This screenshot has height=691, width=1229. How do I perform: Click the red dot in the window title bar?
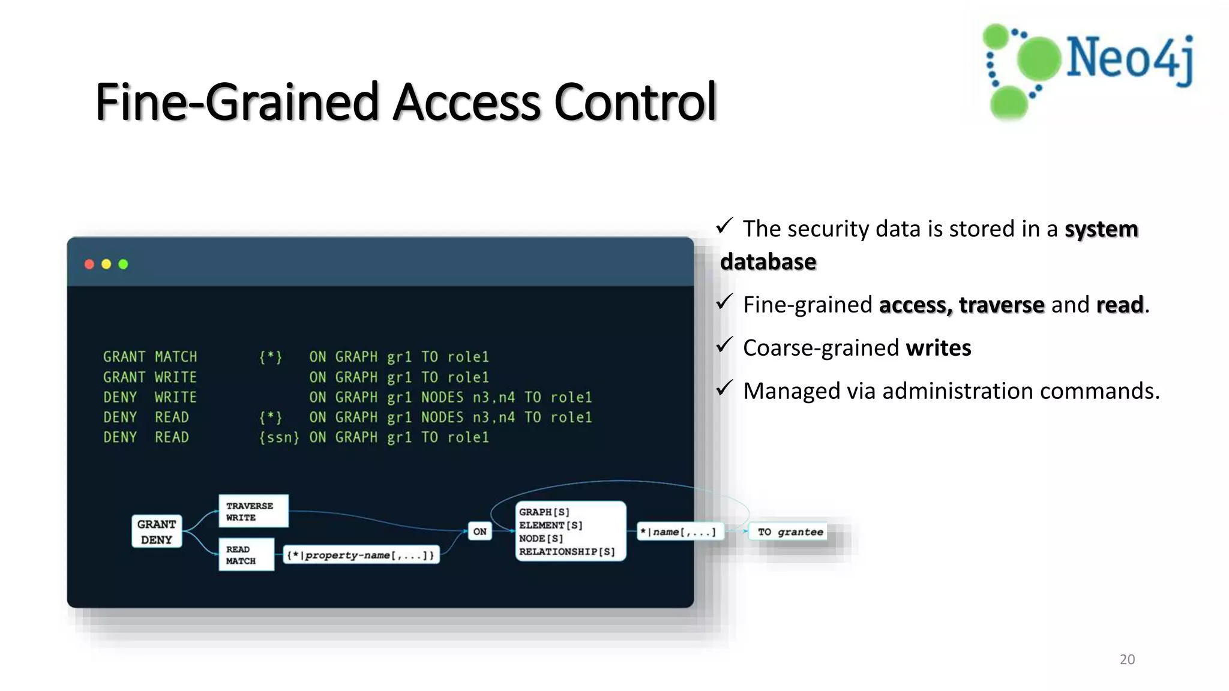(x=89, y=264)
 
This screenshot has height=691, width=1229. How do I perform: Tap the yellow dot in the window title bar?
(x=106, y=264)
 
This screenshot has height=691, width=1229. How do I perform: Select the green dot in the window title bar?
(x=124, y=264)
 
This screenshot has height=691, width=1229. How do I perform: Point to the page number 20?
(x=1127, y=659)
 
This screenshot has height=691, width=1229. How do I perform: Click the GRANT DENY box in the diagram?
(x=157, y=531)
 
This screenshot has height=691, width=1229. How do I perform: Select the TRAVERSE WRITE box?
(x=253, y=511)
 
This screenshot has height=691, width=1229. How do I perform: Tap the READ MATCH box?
(x=246, y=555)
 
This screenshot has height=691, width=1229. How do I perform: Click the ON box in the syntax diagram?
(x=480, y=531)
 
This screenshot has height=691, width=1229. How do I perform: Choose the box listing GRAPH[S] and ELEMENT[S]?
(x=570, y=531)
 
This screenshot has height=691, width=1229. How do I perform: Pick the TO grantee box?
(x=790, y=532)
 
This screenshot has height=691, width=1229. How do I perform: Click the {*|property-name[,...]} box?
(x=361, y=555)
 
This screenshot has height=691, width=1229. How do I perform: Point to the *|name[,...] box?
(x=679, y=532)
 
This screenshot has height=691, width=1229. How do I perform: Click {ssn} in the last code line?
(x=279, y=437)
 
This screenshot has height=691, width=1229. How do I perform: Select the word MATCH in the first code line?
(x=176, y=357)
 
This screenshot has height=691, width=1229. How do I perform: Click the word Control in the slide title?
(x=636, y=101)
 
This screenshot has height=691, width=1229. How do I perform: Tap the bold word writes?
(x=938, y=348)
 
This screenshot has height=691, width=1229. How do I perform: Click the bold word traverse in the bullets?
(x=1001, y=305)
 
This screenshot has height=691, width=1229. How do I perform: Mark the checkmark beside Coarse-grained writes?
(x=724, y=345)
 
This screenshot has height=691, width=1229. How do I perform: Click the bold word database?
(x=768, y=262)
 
